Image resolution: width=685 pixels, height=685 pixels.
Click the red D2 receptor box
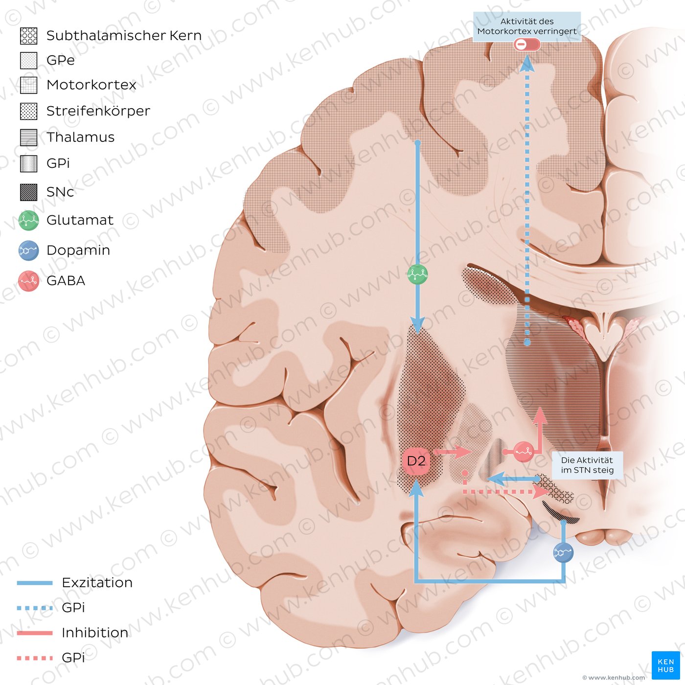click(x=416, y=461)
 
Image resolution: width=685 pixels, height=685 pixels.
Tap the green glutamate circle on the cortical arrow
click(x=417, y=274)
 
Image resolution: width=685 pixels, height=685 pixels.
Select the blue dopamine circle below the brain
click(x=563, y=552)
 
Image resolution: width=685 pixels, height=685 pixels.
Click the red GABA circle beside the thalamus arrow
click(x=524, y=452)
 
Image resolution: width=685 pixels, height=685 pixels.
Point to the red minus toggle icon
click(x=527, y=45)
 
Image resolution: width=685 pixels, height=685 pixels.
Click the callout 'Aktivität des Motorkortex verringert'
click(x=527, y=26)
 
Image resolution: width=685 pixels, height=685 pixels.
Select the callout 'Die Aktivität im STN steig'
click(x=587, y=465)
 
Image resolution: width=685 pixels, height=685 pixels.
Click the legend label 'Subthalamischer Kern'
click(x=124, y=36)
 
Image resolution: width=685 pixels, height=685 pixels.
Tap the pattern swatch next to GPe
click(x=29, y=60)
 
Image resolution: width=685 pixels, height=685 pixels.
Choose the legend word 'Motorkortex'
click(x=91, y=85)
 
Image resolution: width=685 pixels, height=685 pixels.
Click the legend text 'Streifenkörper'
click(x=98, y=111)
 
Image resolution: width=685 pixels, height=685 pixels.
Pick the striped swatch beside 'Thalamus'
click(x=29, y=137)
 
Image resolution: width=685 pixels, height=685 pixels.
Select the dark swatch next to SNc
click(x=29, y=192)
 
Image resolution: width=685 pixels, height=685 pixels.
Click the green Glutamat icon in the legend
click(x=29, y=221)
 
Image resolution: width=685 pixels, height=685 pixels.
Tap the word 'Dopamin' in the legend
click(x=78, y=250)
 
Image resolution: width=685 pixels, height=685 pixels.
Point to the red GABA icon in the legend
click(x=29, y=281)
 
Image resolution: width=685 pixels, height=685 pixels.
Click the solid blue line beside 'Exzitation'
click(x=35, y=583)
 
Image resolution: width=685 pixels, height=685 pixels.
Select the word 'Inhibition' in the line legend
click(x=95, y=633)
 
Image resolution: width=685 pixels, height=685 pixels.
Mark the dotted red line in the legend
click(x=35, y=658)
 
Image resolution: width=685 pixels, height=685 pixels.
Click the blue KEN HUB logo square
click(x=665, y=665)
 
